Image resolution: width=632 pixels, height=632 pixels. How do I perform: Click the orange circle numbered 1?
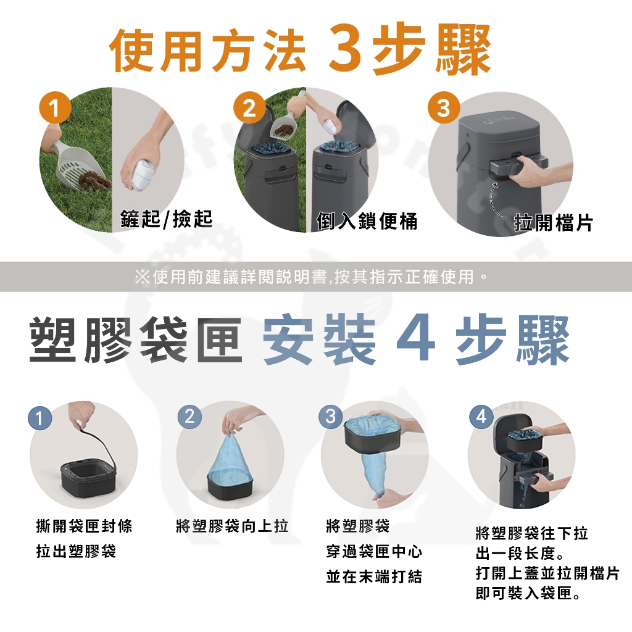coord(55,107)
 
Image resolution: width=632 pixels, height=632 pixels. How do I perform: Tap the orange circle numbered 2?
coord(249,107)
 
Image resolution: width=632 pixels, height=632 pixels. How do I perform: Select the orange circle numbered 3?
coord(444,107)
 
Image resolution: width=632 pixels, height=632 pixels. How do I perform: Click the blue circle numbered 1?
coord(40,418)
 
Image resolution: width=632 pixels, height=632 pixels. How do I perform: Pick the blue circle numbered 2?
coord(189,416)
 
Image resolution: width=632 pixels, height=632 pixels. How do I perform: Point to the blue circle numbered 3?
coord(331,416)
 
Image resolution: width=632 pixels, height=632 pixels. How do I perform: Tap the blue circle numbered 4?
coord(481,416)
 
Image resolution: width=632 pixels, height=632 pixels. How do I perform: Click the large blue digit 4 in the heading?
coord(415,339)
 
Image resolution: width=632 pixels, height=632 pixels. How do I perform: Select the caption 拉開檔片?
coord(553,222)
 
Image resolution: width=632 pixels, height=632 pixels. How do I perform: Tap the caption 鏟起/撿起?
coord(166,219)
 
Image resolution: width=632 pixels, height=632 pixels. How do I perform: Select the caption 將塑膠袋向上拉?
coord(232,526)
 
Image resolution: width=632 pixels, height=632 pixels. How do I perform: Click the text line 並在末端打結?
coord(374,576)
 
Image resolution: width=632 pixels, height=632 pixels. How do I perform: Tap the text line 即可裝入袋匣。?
coord(528,593)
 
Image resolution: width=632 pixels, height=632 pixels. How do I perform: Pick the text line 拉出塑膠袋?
coord(76,551)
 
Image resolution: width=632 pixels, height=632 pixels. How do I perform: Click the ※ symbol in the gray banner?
coord(141,277)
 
